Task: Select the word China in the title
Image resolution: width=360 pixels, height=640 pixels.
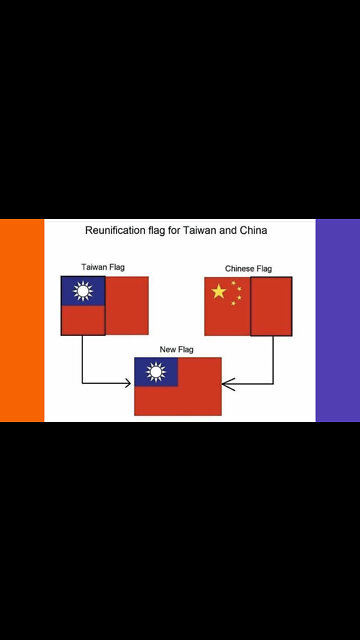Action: pyautogui.click(x=249, y=230)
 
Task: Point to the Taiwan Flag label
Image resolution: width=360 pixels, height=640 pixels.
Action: pyautogui.click(x=103, y=267)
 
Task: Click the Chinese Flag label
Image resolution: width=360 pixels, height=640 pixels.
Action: pyautogui.click(x=248, y=268)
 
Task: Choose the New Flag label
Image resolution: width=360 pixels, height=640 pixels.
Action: pyautogui.click(x=177, y=349)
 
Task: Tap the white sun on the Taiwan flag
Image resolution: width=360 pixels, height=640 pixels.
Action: pyautogui.click(x=83, y=291)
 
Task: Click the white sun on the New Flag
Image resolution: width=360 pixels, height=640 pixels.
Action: pyautogui.click(x=156, y=372)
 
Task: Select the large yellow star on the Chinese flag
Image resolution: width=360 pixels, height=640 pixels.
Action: pyautogui.click(x=219, y=291)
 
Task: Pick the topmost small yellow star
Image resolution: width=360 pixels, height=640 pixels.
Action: pyautogui.click(x=233, y=282)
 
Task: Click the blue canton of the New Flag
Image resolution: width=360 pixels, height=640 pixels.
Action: pyautogui.click(x=156, y=372)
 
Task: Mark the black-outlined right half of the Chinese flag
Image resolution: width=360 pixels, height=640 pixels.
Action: pyautogui.click(x=271, y=306)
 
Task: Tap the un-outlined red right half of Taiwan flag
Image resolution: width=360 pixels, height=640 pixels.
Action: pyautogui.click(x=127, y=305)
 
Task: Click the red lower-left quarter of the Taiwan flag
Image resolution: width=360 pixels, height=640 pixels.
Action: pyautogui.click(x=83, y=320)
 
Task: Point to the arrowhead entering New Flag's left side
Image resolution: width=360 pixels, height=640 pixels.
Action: pyautogui.click(x=129, y=383)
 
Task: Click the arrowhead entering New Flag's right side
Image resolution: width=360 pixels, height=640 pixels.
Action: pyautogui.click(x=227, y=383)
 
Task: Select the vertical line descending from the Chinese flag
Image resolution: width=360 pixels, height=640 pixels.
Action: pyautogui.click(x=273, y=358)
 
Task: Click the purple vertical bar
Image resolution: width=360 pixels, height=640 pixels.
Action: pyautogui.click(x=337, y=320)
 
